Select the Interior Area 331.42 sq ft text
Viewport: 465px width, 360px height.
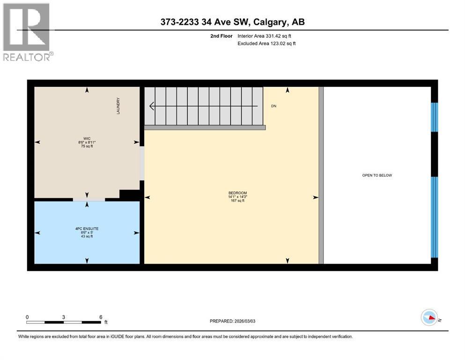pos(264,36)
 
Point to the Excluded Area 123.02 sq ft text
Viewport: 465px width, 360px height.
pos(266,43)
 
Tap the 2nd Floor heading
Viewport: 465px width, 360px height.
pos(221,36)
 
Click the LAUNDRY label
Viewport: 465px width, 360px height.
pos(118,106)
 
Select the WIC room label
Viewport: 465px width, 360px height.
pos(87,139)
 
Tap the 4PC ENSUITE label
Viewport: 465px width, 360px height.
pos(87,229)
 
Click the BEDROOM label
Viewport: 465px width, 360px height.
pos(237,193)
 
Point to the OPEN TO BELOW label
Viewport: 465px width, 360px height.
pos(377,175)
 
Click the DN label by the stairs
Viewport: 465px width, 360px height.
pos(274,106)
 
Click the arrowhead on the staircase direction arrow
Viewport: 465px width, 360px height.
pos(152,106)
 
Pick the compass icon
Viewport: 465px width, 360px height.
pos(429,317)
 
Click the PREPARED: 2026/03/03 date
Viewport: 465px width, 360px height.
pos(232,321)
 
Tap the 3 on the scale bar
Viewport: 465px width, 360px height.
pos(64,317)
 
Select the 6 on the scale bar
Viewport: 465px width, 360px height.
pos(101,317)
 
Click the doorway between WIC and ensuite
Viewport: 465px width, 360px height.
pos(89,199)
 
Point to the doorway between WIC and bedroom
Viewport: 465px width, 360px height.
pos(142,163)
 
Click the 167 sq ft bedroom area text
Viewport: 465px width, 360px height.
pos(237,201)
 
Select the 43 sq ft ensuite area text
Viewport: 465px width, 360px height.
pos(87,236)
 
